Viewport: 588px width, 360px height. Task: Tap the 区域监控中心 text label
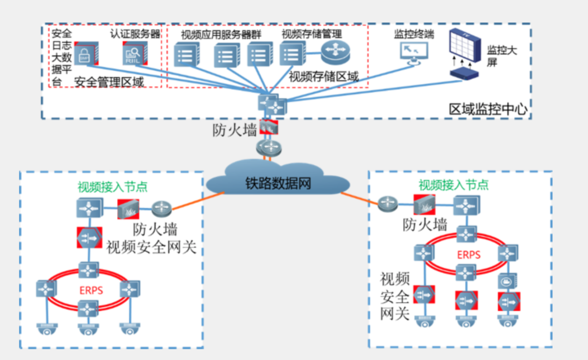tap(488, 108)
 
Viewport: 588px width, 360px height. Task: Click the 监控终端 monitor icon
tap(414, 52)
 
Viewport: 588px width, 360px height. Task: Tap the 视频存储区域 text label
tap(324, 76)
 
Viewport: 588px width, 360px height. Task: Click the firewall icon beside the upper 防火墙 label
tap(269, 127)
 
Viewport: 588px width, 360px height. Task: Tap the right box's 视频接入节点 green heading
tap(453, 185)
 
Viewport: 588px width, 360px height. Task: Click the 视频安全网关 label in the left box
tap(151, 247)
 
